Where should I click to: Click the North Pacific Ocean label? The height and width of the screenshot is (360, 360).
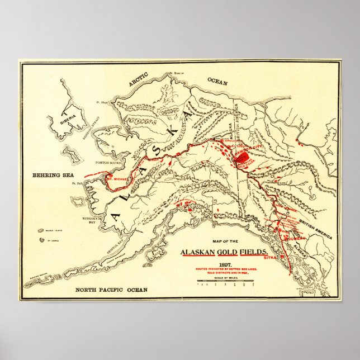112,290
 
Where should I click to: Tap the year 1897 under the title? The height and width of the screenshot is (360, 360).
225,263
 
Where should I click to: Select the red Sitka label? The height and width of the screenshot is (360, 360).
269,258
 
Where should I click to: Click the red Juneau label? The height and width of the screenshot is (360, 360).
296,238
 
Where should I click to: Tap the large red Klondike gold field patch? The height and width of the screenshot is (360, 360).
241,158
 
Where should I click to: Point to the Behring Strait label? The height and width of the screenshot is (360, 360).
87,134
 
